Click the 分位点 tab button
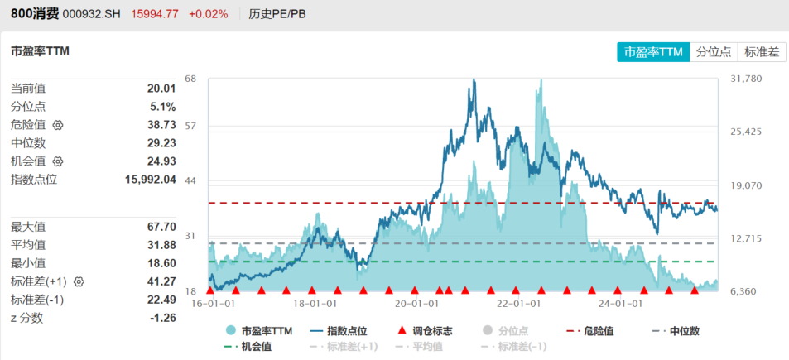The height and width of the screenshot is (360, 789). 713,51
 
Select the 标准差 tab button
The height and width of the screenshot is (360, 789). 762,51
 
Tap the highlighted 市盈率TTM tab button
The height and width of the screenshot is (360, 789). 653,51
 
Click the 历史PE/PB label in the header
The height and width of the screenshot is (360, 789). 277,14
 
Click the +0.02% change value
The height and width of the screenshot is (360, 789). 208,14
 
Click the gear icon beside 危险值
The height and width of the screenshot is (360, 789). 57,125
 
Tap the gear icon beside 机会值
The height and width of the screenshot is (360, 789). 57,161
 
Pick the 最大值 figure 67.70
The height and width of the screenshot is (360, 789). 161,227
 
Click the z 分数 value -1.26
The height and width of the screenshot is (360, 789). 161,318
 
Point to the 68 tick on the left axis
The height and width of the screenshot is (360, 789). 190,79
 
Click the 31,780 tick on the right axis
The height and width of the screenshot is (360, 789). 746,79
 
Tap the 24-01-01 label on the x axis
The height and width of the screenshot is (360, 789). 621,304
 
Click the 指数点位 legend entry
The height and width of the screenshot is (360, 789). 340,331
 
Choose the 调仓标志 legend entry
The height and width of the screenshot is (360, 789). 426,331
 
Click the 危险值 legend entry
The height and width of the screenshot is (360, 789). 591,331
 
